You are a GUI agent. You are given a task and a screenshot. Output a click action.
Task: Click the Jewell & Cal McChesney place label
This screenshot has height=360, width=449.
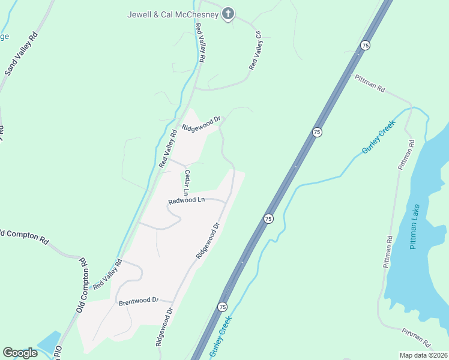[x=173, y=14]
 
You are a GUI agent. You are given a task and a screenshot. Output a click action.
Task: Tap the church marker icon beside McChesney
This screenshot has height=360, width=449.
[x=228, y=13]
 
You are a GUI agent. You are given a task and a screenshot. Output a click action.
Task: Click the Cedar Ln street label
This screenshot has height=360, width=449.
[x=187, y=182]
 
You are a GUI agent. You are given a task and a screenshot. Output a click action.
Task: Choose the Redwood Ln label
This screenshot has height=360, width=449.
[x=187, y=201]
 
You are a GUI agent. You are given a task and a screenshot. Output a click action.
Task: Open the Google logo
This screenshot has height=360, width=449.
[x=19, y=353]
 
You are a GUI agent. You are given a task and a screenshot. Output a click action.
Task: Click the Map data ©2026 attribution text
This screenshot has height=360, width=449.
[x=423, y=355]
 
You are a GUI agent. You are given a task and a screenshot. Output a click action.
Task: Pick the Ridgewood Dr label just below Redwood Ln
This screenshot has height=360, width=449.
[x=208, y=240]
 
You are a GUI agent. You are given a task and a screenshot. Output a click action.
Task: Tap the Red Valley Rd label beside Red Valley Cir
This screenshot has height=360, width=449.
[x=200, y=44]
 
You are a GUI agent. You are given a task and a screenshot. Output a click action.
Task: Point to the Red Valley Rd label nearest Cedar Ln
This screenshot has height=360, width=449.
[x=169, y=149]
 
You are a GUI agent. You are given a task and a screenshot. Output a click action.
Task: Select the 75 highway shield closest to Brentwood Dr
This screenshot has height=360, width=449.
[x=223, y=306]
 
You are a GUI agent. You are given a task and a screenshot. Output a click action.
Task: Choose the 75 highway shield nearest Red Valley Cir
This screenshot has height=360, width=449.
[x=364, y=45]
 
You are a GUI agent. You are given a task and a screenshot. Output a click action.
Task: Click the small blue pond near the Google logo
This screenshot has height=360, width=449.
[x=50, y=341]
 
